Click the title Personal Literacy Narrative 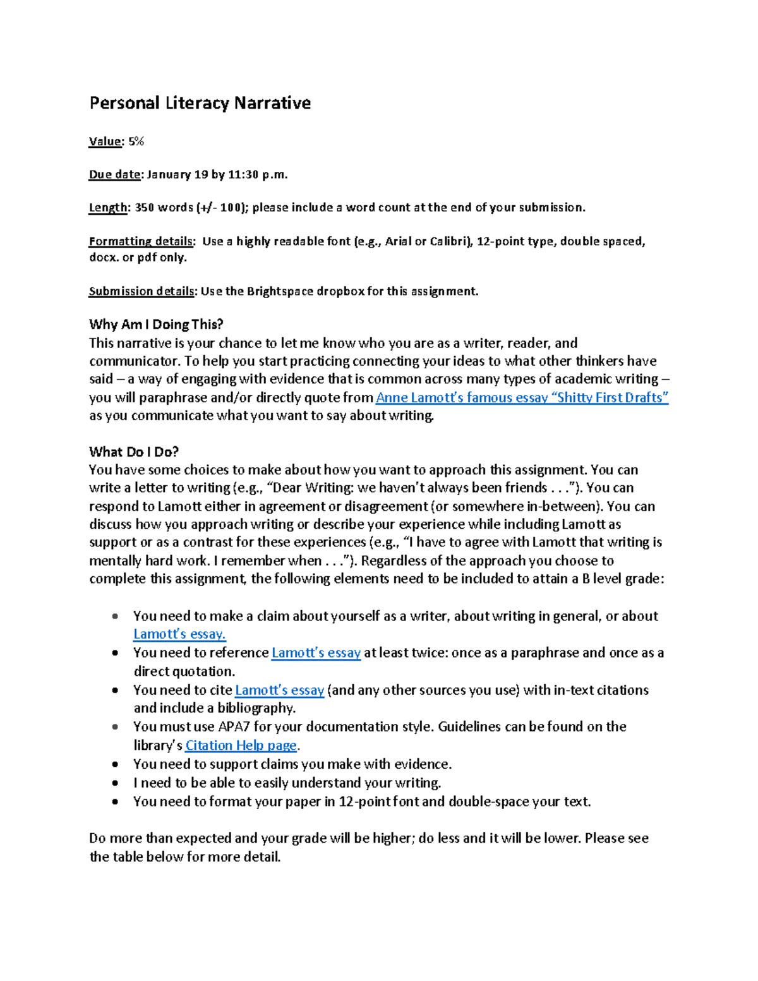point(200,103)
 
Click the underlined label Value point(104,141)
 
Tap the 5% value point(136,141)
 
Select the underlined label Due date point(114,174)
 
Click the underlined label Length point(107,207)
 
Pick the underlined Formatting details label point(141,241)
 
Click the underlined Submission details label point(141,291)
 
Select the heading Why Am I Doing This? point(156,325)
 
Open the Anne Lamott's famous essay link point(522,397)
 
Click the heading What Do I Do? point(134,452)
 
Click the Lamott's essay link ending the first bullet point(179,634)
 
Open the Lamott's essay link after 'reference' point(316,653)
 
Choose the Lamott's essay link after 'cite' point(279,690)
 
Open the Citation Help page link point(241,745)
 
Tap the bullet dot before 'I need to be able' point(114,783)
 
